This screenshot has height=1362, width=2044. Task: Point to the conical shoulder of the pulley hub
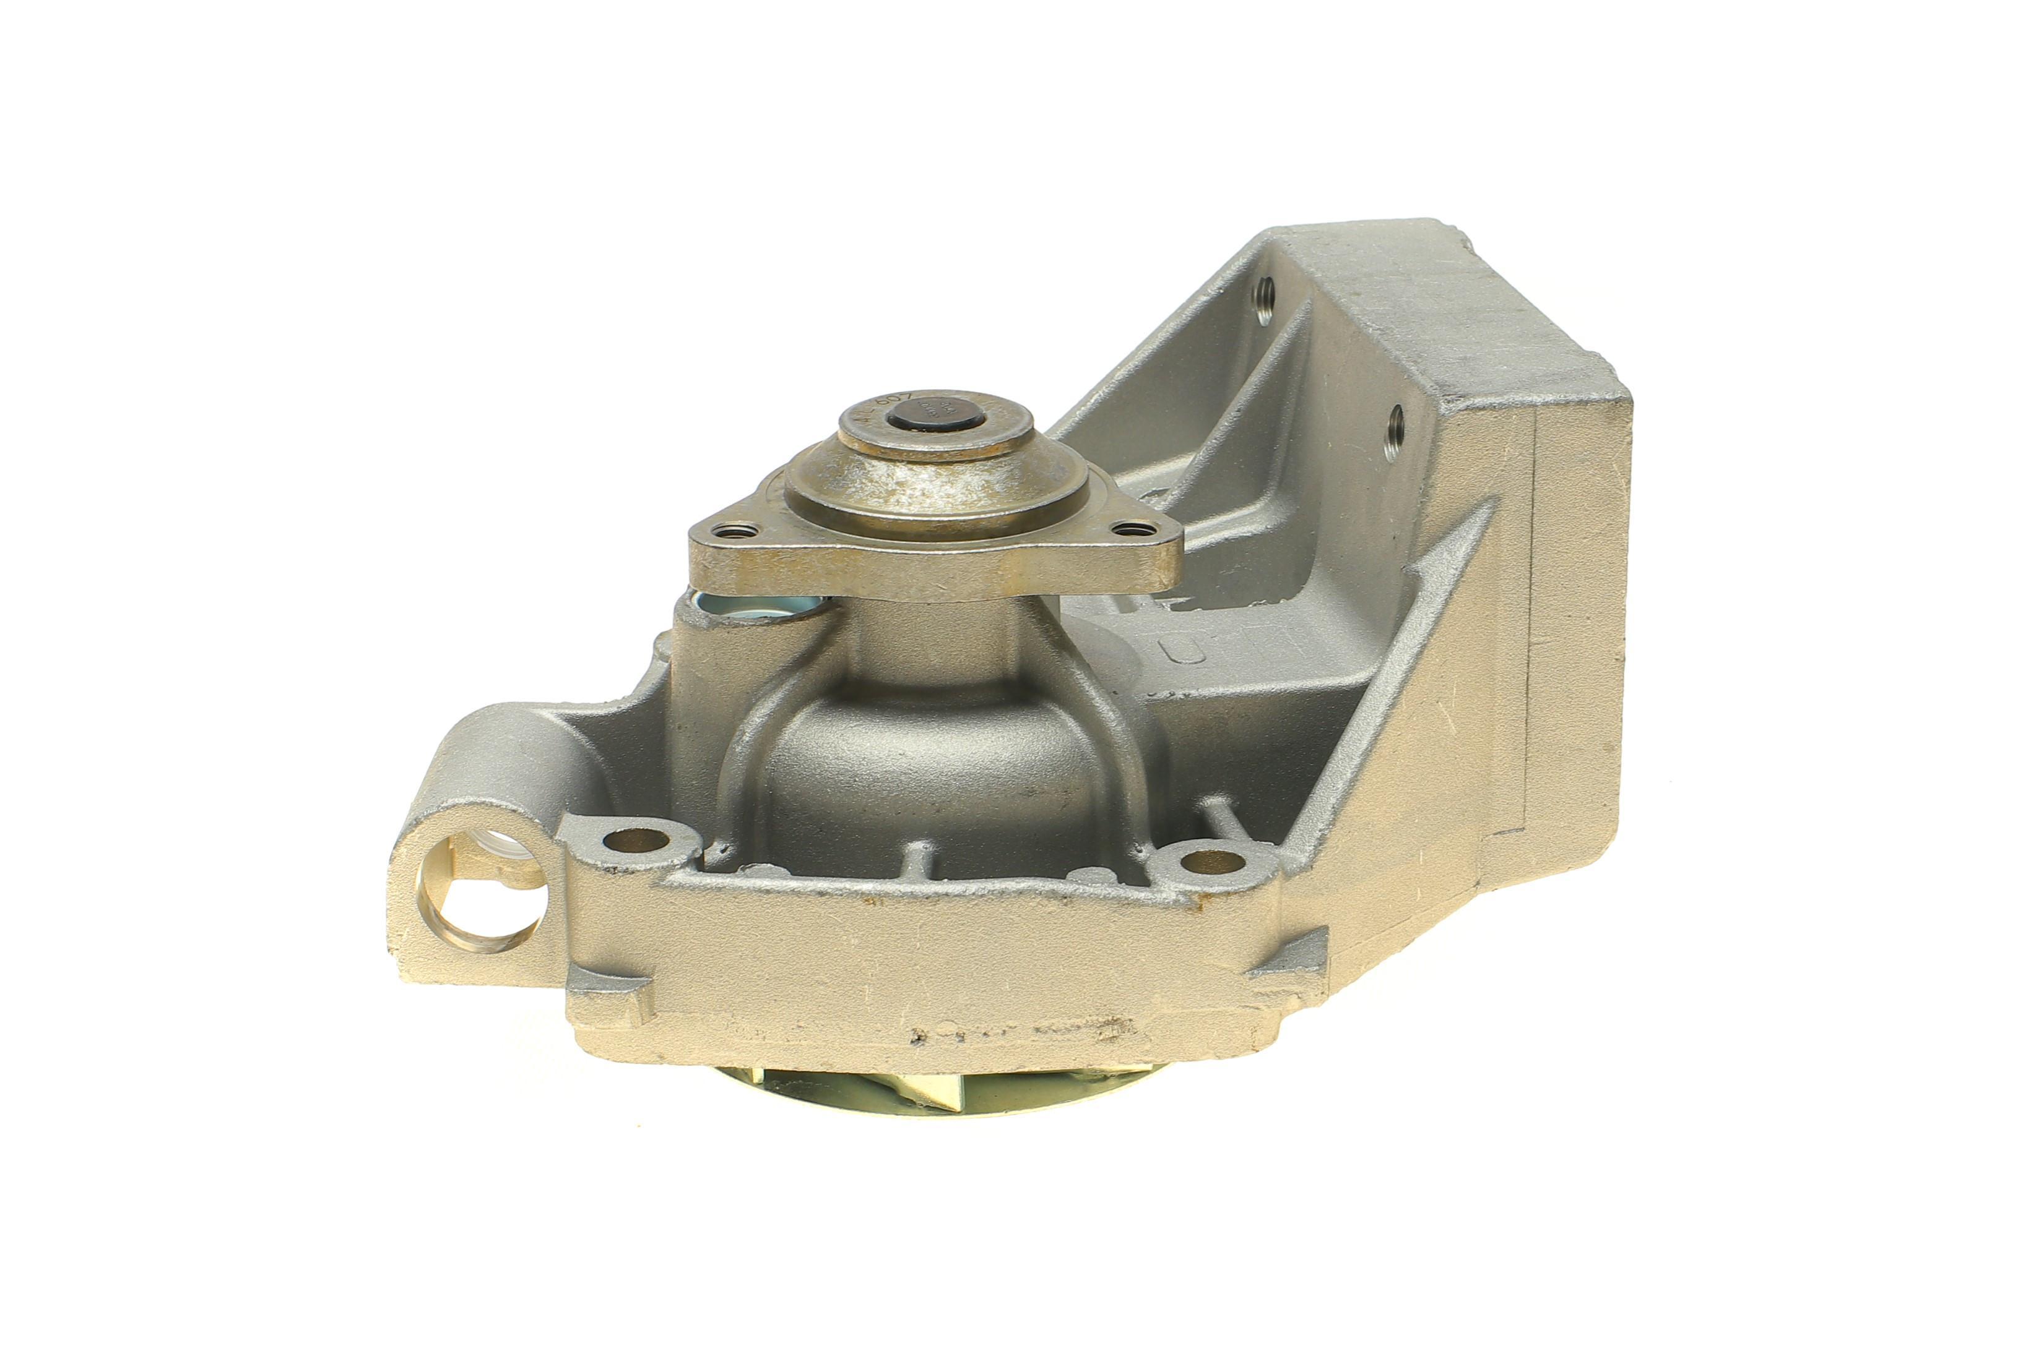click(x=934, y=495)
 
